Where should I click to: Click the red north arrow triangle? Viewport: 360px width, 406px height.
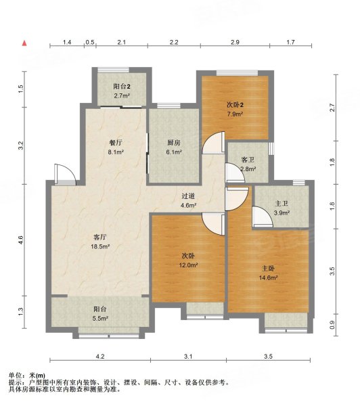[x=24, y=43]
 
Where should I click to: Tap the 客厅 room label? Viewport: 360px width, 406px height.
[x=100, y=237]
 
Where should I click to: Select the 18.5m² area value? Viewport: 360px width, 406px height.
[x=100, y=246]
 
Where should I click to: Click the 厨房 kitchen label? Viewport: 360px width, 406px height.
[x=174, y=143]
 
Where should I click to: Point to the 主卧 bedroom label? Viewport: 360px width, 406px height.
[x=269, y=269]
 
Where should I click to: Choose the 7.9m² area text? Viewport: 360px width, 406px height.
[x=235, y=114]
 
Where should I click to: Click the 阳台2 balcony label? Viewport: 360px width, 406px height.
[x=122, y=87]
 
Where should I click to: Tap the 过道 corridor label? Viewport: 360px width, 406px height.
[x=188, y=196]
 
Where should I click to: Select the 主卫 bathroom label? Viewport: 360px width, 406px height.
[x=282, y=204]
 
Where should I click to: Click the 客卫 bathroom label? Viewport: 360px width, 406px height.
[x=248, y=160]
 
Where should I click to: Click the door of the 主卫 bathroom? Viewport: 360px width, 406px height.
[x=263, y=217]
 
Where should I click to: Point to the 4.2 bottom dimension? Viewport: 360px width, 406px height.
[x=100, y=357]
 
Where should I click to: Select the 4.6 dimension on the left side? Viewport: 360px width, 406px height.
[x=21, y=240]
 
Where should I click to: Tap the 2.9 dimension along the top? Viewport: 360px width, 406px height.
[x=235, y=42]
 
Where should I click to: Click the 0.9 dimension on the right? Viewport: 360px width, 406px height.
[x=332, y=325]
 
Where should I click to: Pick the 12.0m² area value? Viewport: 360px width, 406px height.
[x=189, y=265]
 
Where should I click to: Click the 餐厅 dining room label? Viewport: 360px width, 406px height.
[x=116, y=143]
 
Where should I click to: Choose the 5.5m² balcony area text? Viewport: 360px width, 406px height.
[x=100, y=319]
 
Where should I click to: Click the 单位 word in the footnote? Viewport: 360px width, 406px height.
[x=15, y=376]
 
